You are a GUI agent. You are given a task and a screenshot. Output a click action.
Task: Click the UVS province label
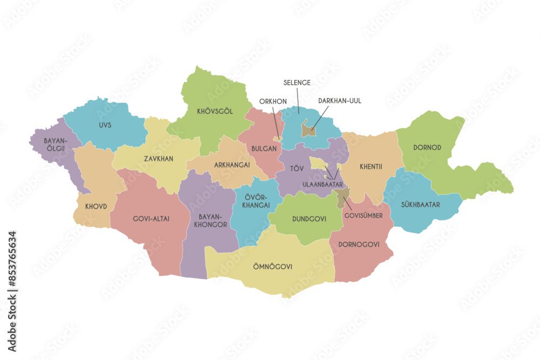(x=105, y=125)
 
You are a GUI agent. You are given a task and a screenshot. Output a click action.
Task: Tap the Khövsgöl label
(x=215, y=112)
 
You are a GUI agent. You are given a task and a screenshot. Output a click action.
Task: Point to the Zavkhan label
(x=158, y=159)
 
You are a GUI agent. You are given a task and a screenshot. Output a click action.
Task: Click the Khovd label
(x=96, y=206)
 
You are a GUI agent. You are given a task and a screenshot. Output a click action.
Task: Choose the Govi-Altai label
(x=151, y=219)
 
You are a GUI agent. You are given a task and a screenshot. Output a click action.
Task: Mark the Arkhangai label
(x=232, y=165)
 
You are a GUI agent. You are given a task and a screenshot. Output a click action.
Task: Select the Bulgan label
(x=264, y=148)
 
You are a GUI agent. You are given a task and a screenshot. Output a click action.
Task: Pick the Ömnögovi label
(x=273, y=266)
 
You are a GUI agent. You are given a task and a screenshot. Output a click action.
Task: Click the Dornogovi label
(x=359, y=244)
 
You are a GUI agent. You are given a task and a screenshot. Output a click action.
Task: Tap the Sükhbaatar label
(x=420, y=205)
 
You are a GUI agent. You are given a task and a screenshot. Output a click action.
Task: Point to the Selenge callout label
(x=297, y=83)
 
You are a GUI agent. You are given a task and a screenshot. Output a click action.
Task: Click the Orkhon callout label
(x=272, y=101)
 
